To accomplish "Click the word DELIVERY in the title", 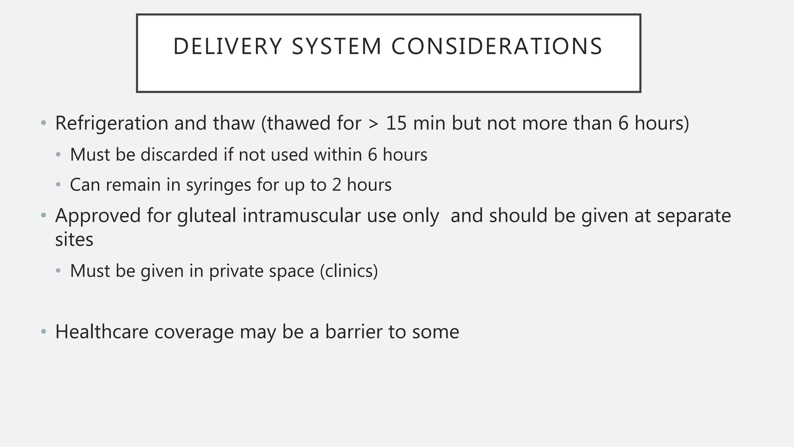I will [x=227, y=47].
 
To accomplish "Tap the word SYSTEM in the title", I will [x=337, y=47].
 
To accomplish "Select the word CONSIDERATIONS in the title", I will [x=496, y=47].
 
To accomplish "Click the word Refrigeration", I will [x=112, y=123].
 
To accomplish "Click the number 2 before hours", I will [x=336, y=185].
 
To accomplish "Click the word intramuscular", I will [x=302, y=216].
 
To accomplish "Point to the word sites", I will [x=74, y=239].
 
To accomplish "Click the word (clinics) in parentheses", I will [x=349, y=271].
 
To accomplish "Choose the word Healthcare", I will [x=102, y=332].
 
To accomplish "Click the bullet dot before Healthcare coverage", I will [x=44, y=332].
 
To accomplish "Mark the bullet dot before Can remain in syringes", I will [x=59, y=185].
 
